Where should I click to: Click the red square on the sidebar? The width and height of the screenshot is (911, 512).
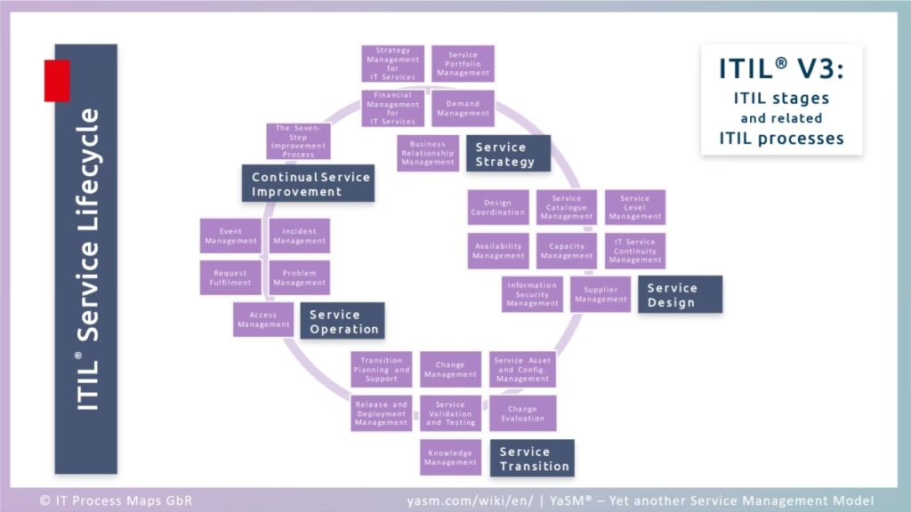[x=57, y=80]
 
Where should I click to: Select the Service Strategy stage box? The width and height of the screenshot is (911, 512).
[x=508, y=154]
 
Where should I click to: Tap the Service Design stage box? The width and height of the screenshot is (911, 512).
[x=680, y=294]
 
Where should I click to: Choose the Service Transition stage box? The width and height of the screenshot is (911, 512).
[x=532, y=458]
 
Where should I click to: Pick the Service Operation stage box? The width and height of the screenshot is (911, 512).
[x=343, y=321]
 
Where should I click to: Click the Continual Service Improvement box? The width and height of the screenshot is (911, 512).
[x=308, y=184]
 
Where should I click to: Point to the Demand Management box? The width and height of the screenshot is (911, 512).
[x=463, y=108]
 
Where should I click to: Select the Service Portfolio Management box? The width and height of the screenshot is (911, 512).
[x=463, y=64]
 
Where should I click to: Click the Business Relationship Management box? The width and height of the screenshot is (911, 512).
[x=428, y=153]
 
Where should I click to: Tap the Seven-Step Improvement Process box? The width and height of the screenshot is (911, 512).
[x=298, y=141]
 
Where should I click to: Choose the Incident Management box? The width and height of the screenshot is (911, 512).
[x=300, y=236]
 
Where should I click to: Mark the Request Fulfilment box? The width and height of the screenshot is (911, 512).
[x=230, y=277]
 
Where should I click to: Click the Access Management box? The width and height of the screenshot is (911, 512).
[x=263, y=320]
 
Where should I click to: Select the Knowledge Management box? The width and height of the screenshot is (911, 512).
[x=450, y=458]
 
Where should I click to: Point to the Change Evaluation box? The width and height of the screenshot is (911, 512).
[x=522, y=413]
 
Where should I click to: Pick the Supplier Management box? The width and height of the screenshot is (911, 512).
[x=601, y=294]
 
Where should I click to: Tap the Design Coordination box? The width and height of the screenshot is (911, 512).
[x=498, y=207]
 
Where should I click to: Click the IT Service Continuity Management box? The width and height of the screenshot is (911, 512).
[x=635, y=251]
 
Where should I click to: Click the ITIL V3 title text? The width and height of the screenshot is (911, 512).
[x=781, y=71]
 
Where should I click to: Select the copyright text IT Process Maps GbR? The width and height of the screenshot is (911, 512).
[x=116, y=500]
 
